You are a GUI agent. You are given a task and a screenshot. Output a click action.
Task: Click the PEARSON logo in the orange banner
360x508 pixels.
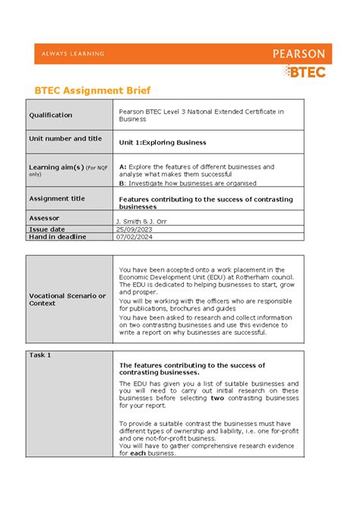click(x=299, y=54)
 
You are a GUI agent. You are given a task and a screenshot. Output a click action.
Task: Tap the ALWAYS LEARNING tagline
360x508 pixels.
click(x=70, y=54)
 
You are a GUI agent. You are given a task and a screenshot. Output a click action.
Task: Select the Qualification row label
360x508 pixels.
click(x=51, y=115)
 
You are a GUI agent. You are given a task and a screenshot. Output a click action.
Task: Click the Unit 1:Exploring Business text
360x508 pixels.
click(x=163, y=142)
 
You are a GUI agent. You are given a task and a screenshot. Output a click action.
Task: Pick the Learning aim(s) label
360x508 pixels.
click(x=56, y=170)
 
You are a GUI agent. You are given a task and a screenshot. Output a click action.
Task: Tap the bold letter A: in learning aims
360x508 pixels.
click(x=123, y=166)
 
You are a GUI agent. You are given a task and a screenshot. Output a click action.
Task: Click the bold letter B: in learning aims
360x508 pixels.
click(x=123, y=183)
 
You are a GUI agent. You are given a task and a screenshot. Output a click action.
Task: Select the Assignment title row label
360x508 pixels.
click(x=57, y=199)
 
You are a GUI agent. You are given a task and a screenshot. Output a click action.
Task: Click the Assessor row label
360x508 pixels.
click(x=44, y=217)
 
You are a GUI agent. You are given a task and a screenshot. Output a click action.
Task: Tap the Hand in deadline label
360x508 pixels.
click(x=58, y=237)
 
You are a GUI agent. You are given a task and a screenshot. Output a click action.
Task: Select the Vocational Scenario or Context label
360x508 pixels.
click(x=67, y=299)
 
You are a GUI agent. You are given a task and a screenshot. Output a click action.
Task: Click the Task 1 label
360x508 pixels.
click(x=39, y=355)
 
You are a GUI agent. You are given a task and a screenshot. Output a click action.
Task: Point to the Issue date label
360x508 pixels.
click(x=47, y=229)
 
